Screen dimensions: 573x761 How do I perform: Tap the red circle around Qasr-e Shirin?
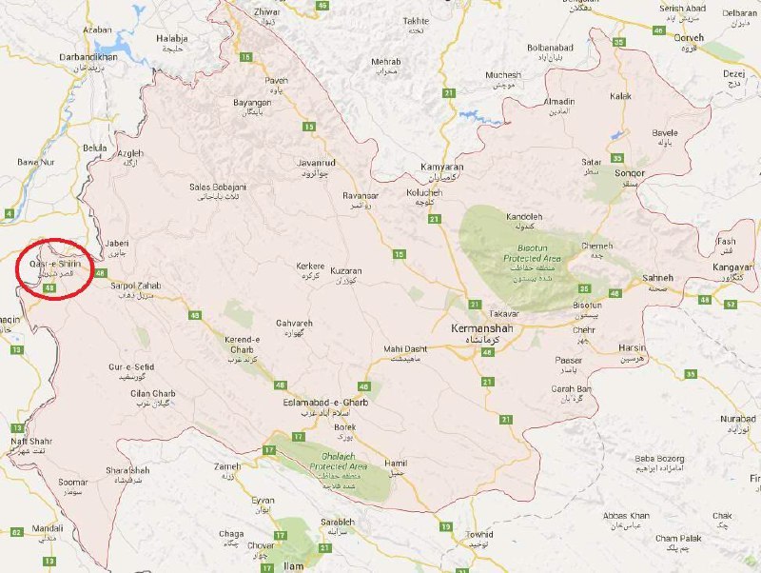pos(58,261)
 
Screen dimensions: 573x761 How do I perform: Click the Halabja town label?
pos(172,38)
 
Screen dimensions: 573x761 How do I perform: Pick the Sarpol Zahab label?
pos(136,286)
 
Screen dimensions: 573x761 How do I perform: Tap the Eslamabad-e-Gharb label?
pos(325,403)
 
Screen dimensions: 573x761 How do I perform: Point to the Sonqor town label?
pos(603,174)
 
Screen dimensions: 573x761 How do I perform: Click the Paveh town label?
pos(276,81)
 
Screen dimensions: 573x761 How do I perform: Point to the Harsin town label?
pos(631,348)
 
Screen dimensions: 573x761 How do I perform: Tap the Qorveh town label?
pos(688,39)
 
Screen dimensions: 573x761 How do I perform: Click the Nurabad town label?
pos(738,419)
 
